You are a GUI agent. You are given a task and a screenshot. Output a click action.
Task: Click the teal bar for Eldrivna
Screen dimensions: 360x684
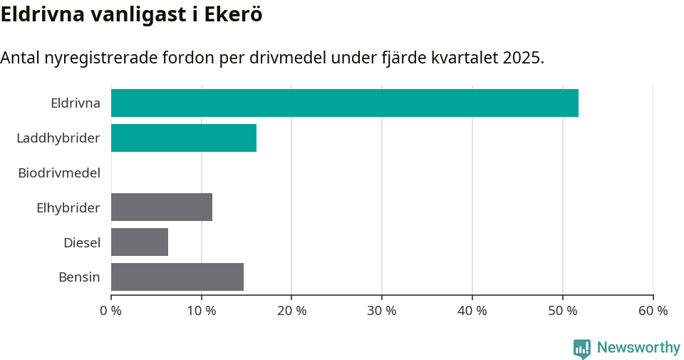(344, 103)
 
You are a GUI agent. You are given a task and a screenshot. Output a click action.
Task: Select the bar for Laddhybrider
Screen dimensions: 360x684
(184, 138)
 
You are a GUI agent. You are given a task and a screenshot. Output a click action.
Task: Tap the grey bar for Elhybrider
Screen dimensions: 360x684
(162, 207)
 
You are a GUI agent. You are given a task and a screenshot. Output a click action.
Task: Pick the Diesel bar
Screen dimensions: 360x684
(140, 242)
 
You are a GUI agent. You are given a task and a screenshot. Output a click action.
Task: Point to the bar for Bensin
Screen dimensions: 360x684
(177, 277)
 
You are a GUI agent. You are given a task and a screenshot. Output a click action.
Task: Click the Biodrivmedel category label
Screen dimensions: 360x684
(59, 173)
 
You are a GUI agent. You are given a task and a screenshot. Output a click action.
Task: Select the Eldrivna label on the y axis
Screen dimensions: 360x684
(76, 103)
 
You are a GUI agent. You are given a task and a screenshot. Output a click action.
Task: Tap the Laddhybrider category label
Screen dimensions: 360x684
(58, 138)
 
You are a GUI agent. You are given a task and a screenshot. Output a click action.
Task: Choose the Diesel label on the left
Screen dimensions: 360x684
(82, 242)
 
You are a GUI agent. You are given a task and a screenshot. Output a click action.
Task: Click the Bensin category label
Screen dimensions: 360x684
(79, 277)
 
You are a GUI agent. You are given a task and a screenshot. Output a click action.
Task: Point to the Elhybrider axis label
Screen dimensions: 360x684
(68, 207)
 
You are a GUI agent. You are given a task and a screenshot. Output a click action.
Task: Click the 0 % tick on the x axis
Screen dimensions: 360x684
(111, 311)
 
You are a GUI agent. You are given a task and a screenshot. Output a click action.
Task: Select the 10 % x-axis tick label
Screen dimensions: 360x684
(202, 311)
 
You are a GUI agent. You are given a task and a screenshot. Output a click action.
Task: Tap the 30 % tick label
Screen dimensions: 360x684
(382, 311)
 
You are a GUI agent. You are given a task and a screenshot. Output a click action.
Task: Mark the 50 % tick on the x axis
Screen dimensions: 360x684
(563, 311)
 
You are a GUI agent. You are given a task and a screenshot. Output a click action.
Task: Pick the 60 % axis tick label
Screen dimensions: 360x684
(653, 311)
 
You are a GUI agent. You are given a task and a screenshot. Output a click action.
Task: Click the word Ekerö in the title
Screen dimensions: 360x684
(233, 14)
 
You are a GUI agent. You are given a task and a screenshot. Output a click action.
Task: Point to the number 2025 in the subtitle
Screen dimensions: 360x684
(522, 58)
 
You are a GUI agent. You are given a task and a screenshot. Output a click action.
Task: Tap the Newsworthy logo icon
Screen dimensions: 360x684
(582, 348)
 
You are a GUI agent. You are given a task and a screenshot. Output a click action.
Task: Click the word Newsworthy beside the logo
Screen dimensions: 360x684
(638, 348)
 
